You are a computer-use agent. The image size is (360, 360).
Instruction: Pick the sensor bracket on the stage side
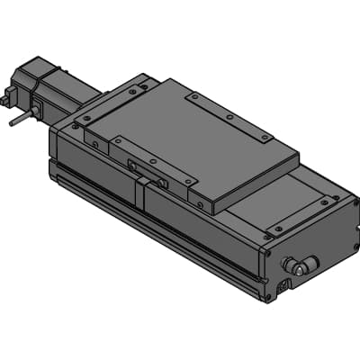pyautogui.click(x=147, y=169)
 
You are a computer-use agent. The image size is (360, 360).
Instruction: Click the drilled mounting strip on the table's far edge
pyautogui.click(x=229, y=116)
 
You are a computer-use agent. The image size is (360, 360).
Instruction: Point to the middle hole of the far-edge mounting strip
pyautogui.click(x=229, y=116)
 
